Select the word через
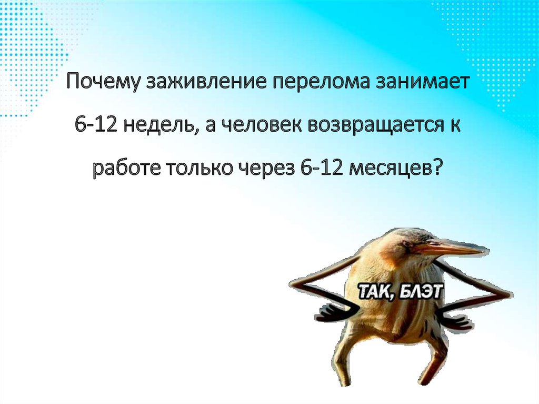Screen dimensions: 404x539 coord(270,169)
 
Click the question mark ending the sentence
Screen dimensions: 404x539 coord(440,169)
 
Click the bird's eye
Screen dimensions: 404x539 coord(406,243)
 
